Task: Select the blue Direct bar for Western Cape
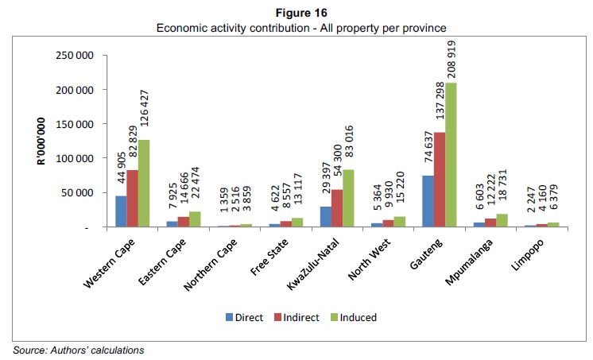point(121,211)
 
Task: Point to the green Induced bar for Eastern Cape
point(195,219)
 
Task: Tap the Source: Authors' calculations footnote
point(78,349)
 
